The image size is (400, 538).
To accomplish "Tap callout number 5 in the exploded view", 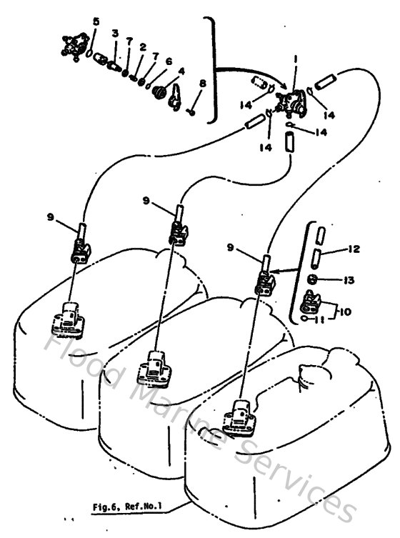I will coord(97,21).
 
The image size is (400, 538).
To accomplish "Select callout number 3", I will coord(114,34).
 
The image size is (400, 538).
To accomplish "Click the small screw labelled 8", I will coord(191,111).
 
